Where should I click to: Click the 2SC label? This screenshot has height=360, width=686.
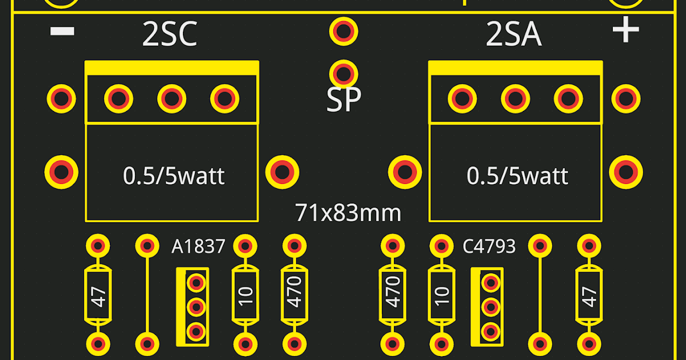pyautogui.click(x=169, y=35)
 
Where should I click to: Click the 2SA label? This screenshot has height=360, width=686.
pyautogui.click(x=513, y=35)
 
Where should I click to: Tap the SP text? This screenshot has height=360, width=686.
pyautogui.click(x=344, y=101)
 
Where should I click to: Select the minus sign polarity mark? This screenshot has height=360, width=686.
pyautogui.click(x=62, y=31)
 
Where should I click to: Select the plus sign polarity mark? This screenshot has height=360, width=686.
pyautogui.click(x=625, y=30)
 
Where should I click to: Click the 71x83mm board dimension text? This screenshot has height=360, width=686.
pyautogui.click(x=348, y=213)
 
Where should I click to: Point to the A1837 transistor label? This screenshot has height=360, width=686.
pyautogui.click(x=198, y=247)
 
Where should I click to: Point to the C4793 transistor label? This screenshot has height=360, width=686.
pyautogui.click(x=489, y=247)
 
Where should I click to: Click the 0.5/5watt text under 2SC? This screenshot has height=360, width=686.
pyautogui.click(x=174, y=175)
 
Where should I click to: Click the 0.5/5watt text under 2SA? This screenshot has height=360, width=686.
pyautogui.click(x=517, y=175)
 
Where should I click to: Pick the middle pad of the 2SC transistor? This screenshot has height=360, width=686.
pyautogui.click(x=171, y=98)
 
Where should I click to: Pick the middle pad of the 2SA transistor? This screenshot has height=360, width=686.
pyautogui.click(x=515, y=98)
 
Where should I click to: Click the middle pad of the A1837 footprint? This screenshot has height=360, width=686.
pyautogui.click(x=196, y=307)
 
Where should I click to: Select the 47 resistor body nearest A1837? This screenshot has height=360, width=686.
pyautogui.click(x=98, y=296)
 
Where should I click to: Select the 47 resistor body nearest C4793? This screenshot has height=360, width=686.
pyautogui.click(x=589, y=296)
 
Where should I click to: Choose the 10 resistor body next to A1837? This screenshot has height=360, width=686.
pyautogui.click(x=245, y=295)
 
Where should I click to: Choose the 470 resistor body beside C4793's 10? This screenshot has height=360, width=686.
pyautogui.click(x=392, y=296)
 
